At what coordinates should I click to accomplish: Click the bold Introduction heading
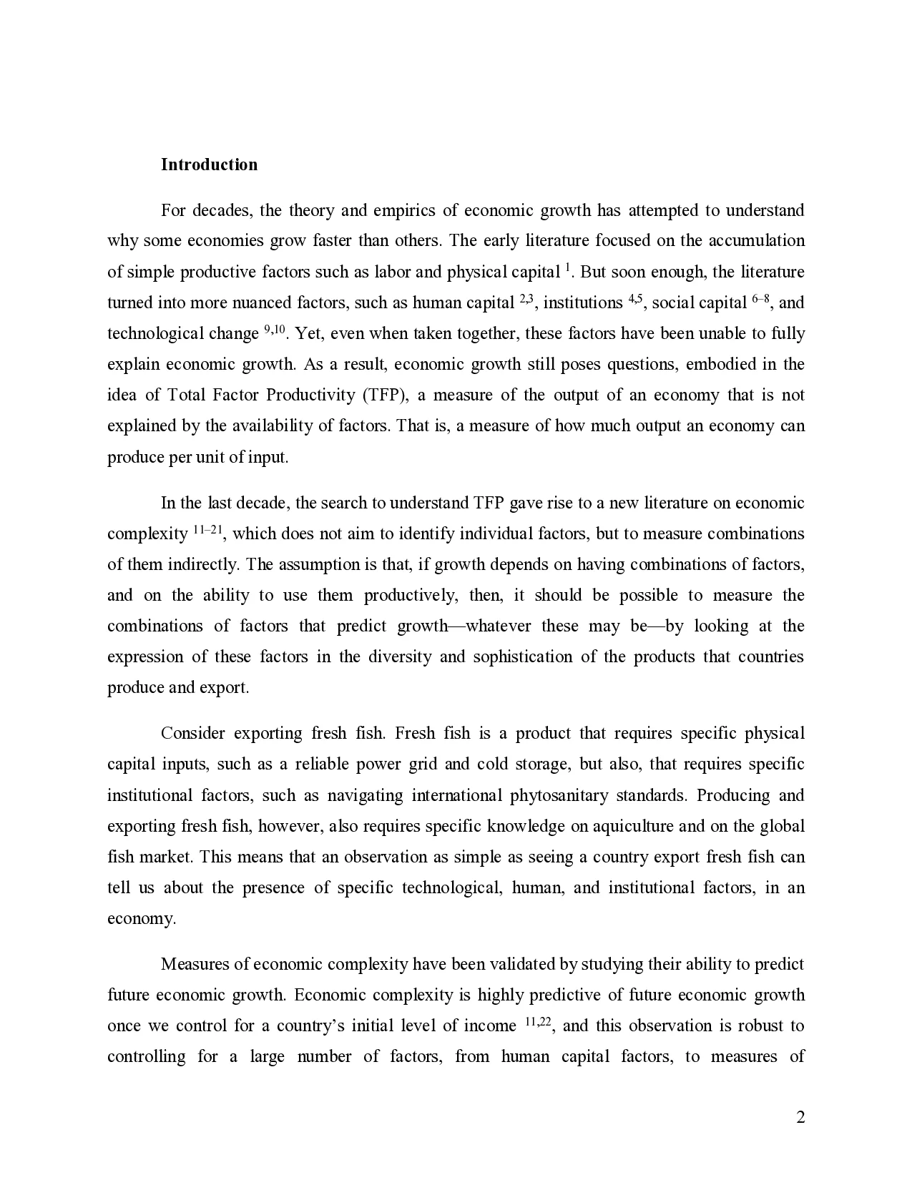point(209,164)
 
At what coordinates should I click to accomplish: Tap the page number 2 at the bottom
point(800,1117)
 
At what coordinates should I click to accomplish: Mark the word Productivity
point(314,395)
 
